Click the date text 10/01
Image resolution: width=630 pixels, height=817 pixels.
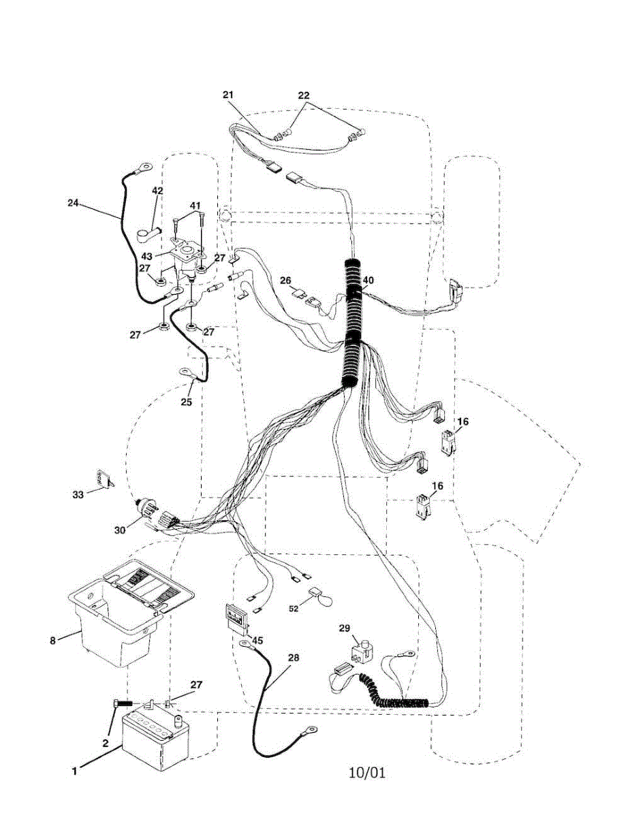366,773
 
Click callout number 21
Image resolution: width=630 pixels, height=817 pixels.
228,95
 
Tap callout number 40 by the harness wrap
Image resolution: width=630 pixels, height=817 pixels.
368,280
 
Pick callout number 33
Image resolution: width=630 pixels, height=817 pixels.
78,495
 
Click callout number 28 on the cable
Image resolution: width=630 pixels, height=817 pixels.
294,658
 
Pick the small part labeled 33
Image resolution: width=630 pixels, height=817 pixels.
104,479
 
